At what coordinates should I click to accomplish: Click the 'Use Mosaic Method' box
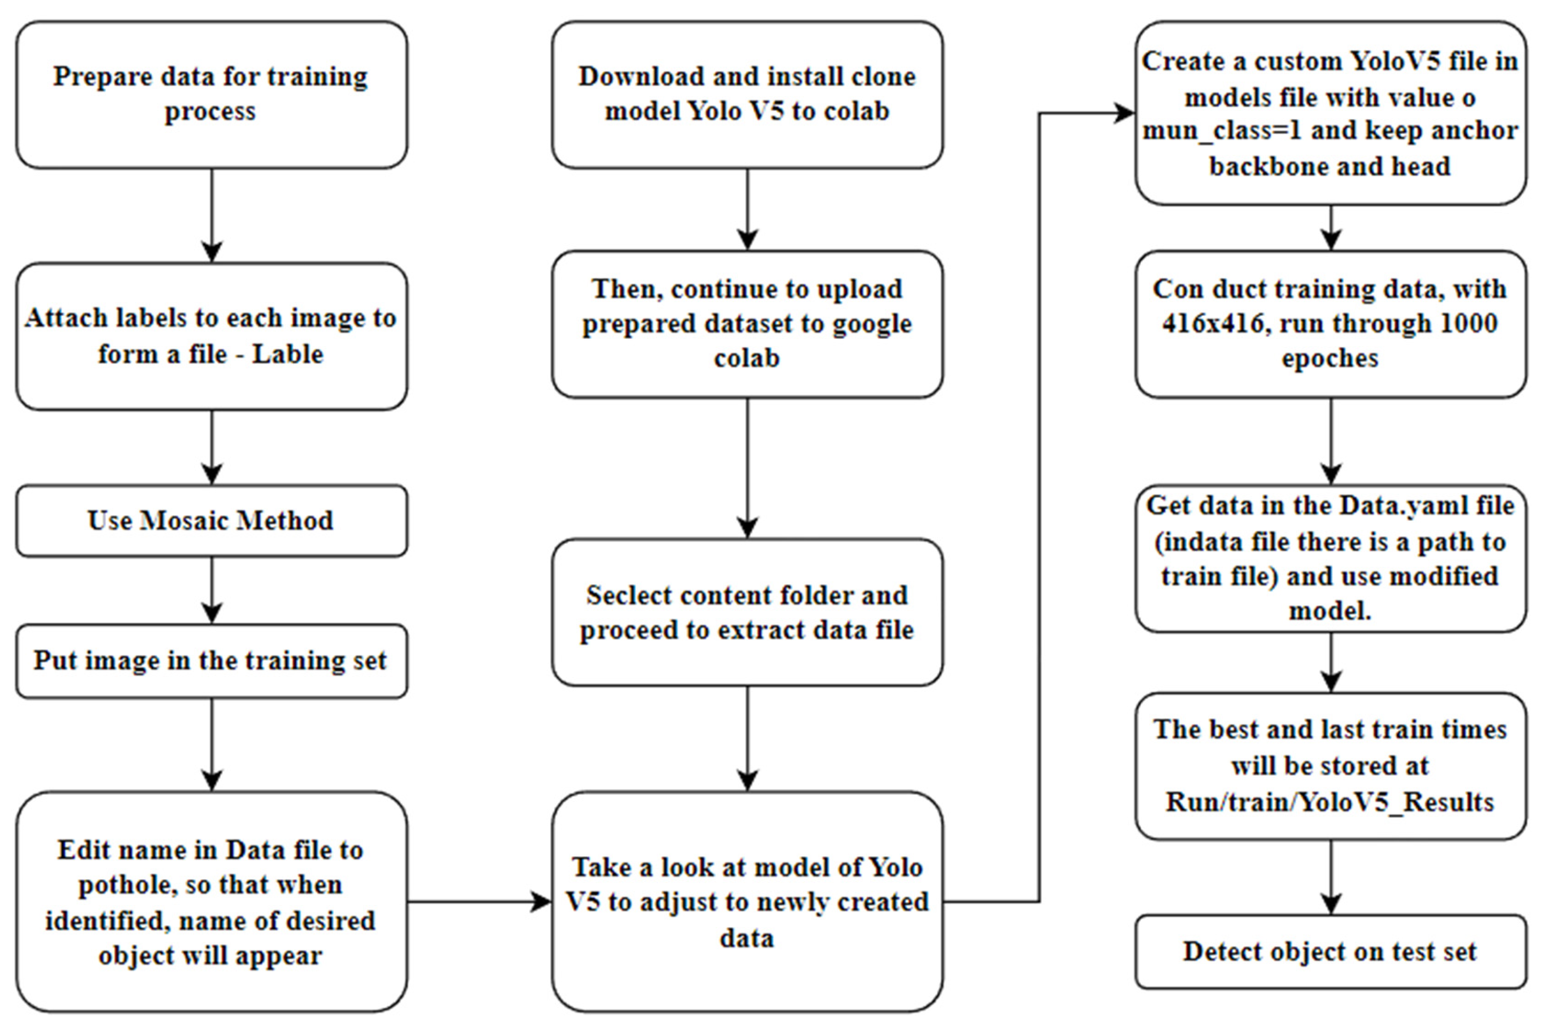click(x=211, y=521)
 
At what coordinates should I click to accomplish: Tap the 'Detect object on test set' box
click(x=1330, y=951)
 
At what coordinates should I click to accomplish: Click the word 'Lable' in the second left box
click(x=288, y=354)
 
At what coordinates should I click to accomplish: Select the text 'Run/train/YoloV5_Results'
click(x=1330, y=802)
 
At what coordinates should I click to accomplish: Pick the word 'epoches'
click(x=1330, y=358)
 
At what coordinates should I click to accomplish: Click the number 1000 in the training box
click(x=1468, y=324)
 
